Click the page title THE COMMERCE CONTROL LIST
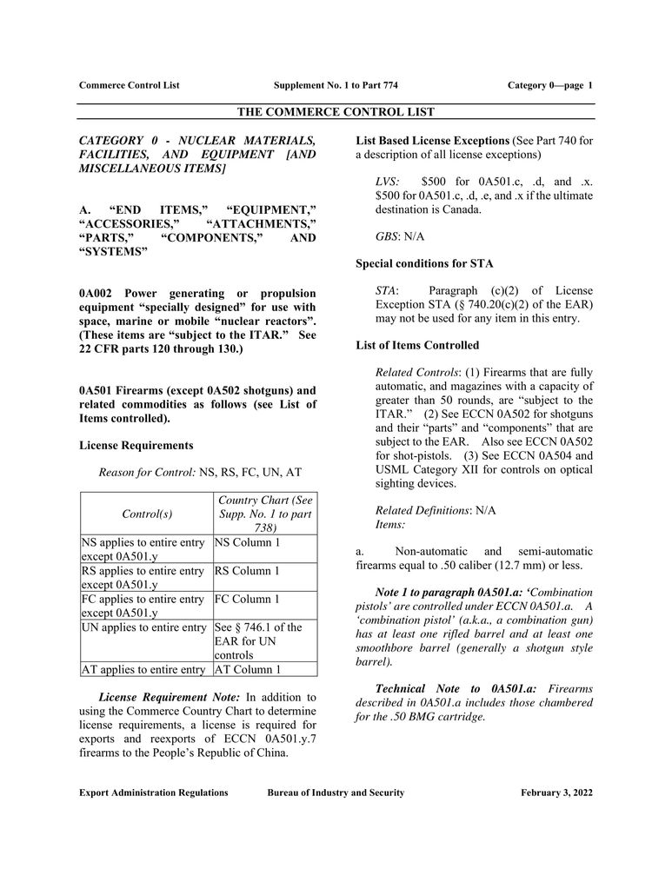point(336,112)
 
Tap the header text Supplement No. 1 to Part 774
point(336,85)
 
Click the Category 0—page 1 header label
point(549,85)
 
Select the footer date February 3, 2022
point(556,793)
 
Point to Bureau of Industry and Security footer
point(336,793)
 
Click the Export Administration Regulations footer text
point(154,793)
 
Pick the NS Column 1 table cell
point(248,543)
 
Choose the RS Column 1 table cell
point(247,571)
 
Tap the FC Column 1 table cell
point(247,599)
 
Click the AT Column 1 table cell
point(247,669)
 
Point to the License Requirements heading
point(136,445)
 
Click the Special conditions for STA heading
point(424,263)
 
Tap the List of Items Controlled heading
point(417,345)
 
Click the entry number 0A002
point(97,293)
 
